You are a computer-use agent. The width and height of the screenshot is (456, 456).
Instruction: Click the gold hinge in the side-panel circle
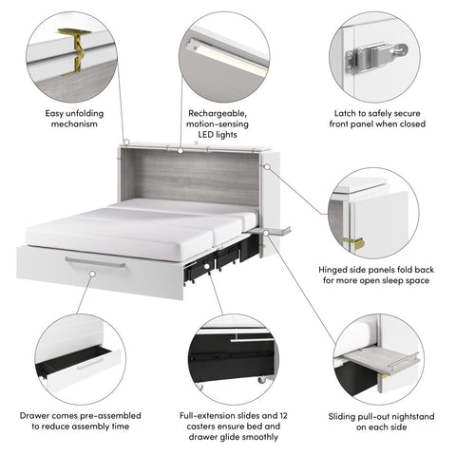point(355,242)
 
